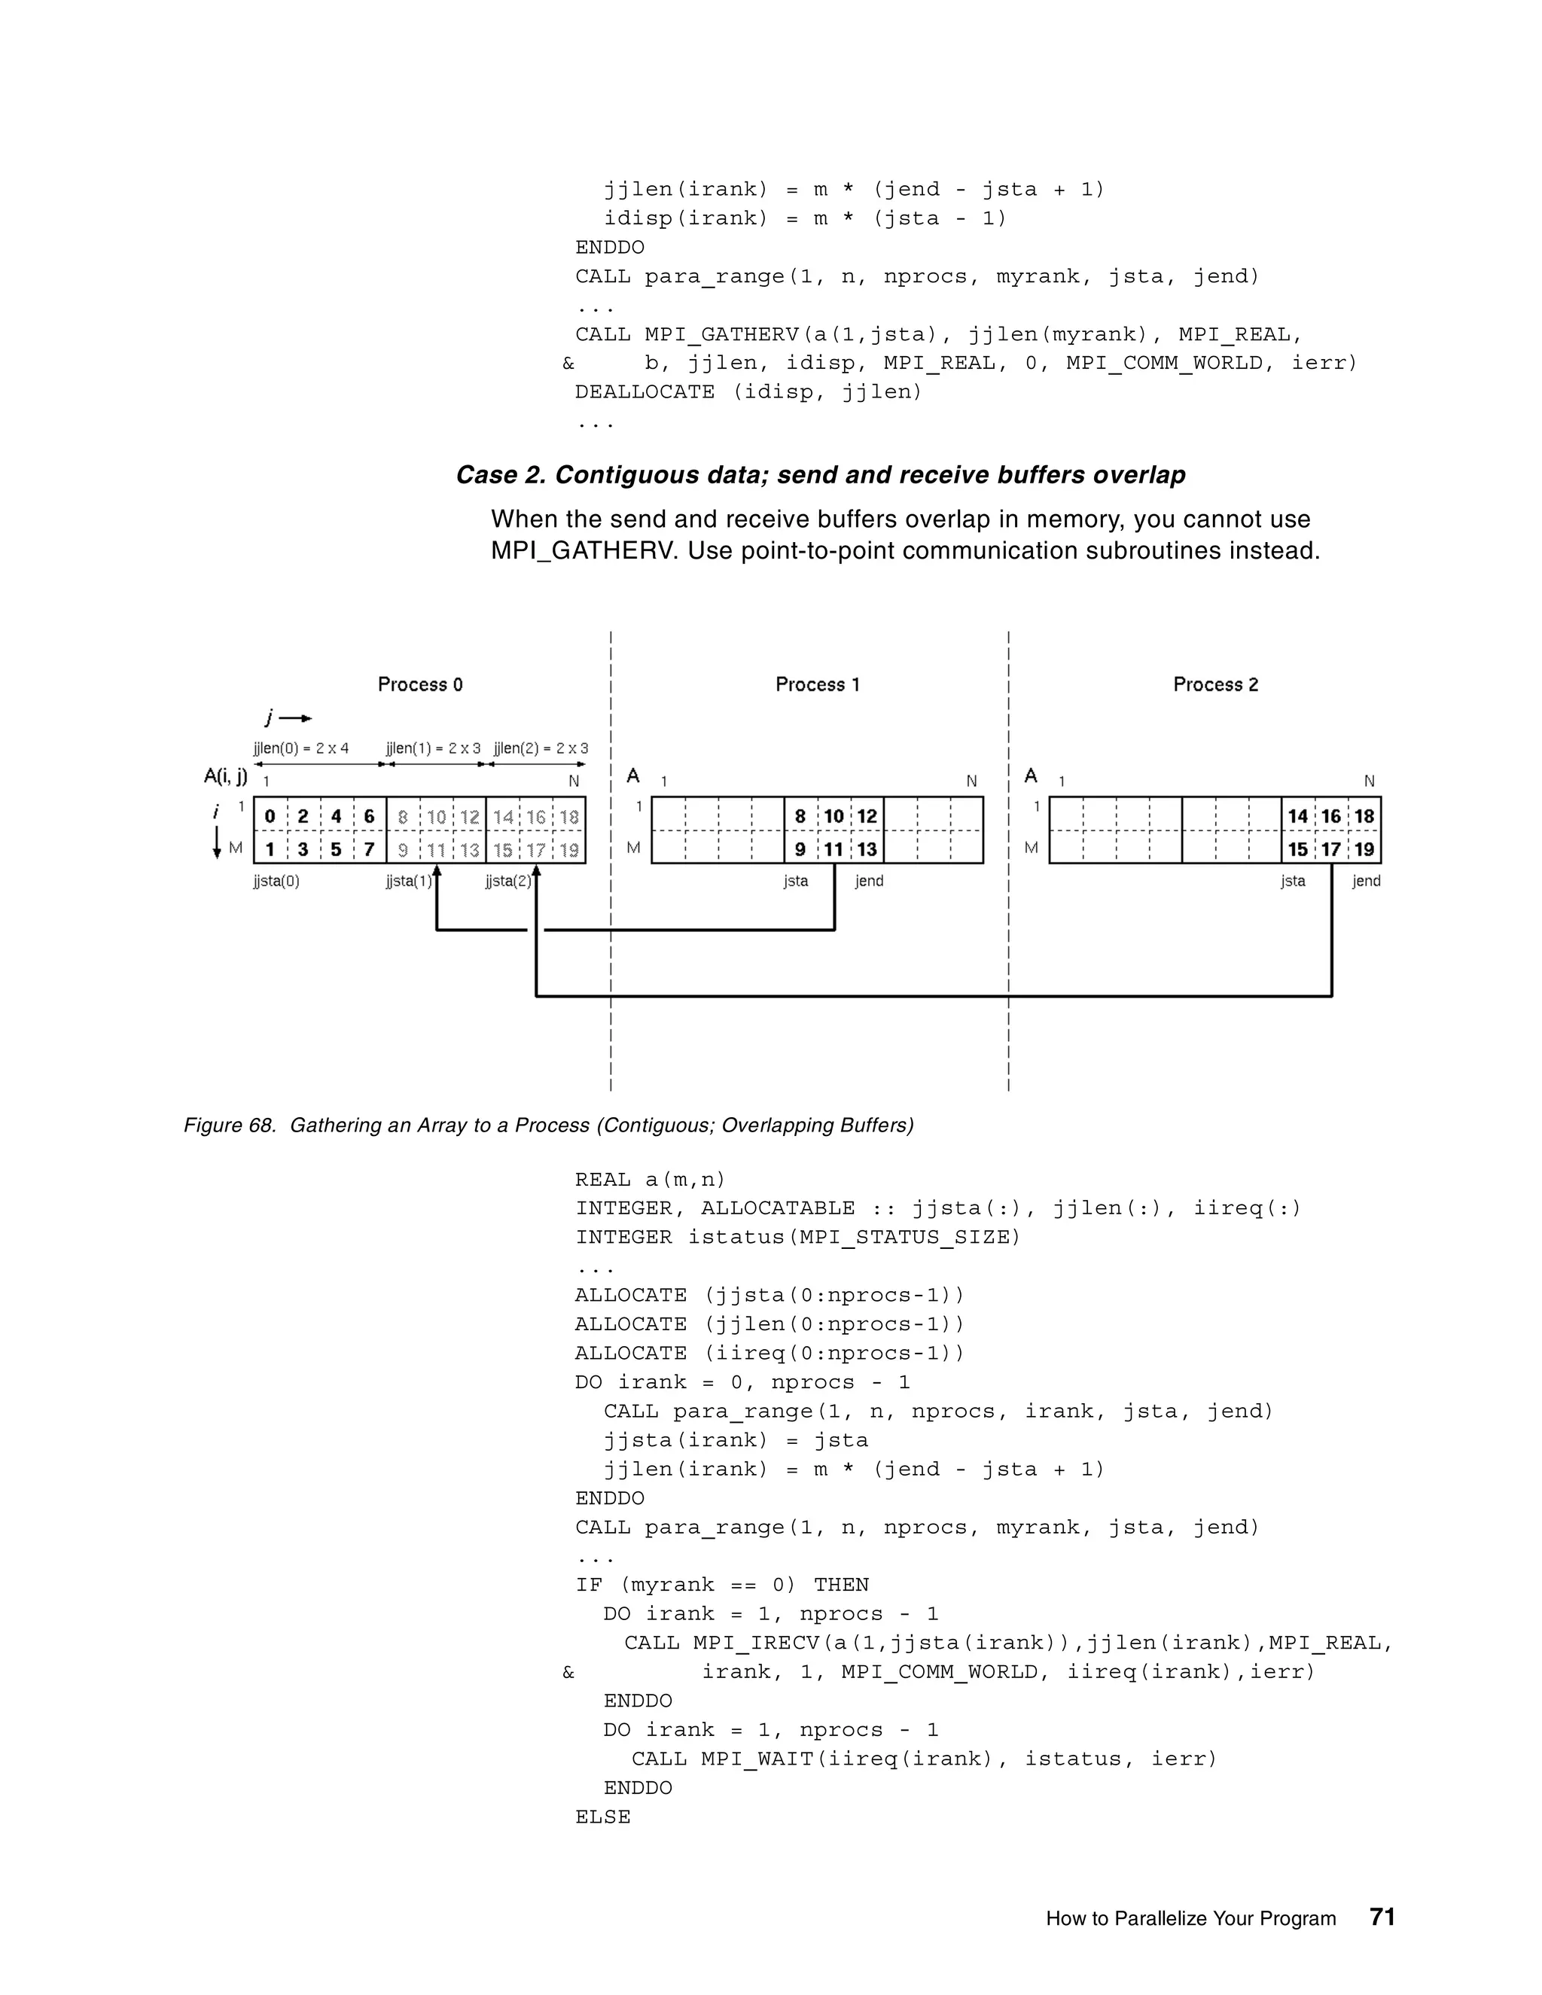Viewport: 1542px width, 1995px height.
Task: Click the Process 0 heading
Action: (420, 684)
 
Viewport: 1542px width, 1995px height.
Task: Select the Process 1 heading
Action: (818, 684)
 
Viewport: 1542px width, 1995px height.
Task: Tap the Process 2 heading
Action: (1215, 684)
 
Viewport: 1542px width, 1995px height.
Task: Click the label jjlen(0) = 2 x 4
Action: (301, 748)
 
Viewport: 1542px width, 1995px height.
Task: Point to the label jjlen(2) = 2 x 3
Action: (541, 748)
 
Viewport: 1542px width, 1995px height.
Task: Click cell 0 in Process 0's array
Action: (270, 816)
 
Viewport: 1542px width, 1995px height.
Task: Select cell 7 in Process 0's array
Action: (369, 849)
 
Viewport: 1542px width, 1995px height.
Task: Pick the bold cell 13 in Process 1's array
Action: (867, 849)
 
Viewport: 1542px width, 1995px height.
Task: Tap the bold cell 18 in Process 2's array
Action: (1364, 816)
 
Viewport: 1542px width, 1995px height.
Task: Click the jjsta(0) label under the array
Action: (277, 882)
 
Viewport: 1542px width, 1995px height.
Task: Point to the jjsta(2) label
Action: (508, 882)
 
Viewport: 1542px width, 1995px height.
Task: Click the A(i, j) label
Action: (224, 776)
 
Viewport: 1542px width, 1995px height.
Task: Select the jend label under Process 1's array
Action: (869, 882)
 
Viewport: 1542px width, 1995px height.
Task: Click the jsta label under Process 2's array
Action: (1293, 882)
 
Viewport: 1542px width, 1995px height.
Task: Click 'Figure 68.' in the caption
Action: (230, 1125)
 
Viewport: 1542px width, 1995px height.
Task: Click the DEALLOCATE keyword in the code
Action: (644, 392)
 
